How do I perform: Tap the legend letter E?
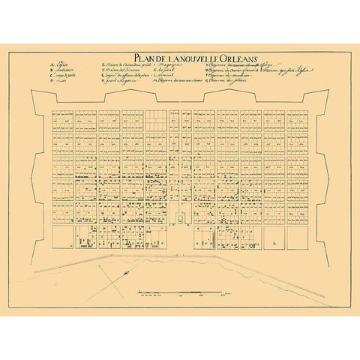click(x=101, y=65)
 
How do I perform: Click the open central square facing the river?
click(x=180, y=236)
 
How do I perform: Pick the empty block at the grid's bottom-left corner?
click(x=61, y=238)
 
